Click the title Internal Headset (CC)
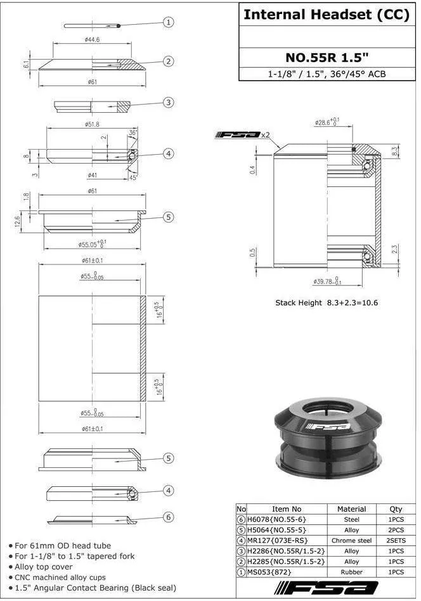[327, 15]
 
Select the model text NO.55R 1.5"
[327, 58]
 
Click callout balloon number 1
[168, 22]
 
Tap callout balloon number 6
[168, 517]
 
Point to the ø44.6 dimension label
[92, 39]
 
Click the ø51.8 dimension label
[92, 124]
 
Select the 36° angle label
[133, 133]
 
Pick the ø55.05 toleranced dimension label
[93, 243]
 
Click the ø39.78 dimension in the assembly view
[327, 281]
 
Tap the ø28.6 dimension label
[327, 122]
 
